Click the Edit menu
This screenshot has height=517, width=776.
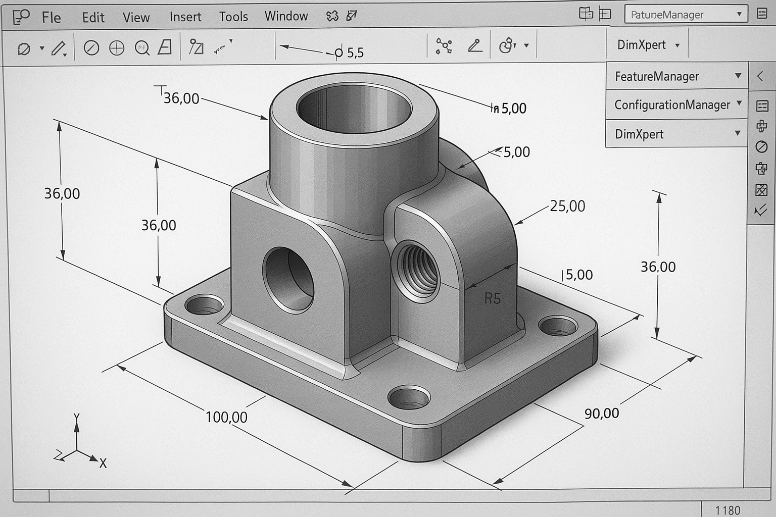pyautogui.click(x=93, y=18)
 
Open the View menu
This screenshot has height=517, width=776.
pyautogui.click(x=136, y=18)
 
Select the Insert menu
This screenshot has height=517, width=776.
pyautogui.click(x=185, y=17)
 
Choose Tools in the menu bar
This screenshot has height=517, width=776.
pyautogui.click(x=233, y=17)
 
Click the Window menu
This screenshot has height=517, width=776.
pyautogui.click(x=286, y=16)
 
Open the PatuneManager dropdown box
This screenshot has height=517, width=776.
pyautogui.click(x=685, y=15)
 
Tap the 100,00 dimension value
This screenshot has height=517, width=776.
pyautogui.click(x=226, y=418)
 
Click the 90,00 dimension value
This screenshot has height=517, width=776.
pyautogui.click(x=601, y=413)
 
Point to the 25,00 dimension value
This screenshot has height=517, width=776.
pyautogui.click(x=567, y=206)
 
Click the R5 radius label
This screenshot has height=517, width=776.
pyautogui.click(x=492, y=299)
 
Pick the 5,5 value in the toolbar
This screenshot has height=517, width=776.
pyautogui.click(x=355, y=53)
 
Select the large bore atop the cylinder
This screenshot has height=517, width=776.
pyautogui.click(x=354, y=107)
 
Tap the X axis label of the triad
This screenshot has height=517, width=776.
pyautogui.click(x=103, y=463)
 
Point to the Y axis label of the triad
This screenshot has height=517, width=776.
pyautogui.click(x=76, y=417)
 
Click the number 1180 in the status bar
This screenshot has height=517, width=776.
pyautogui.click(x=727, y=510)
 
